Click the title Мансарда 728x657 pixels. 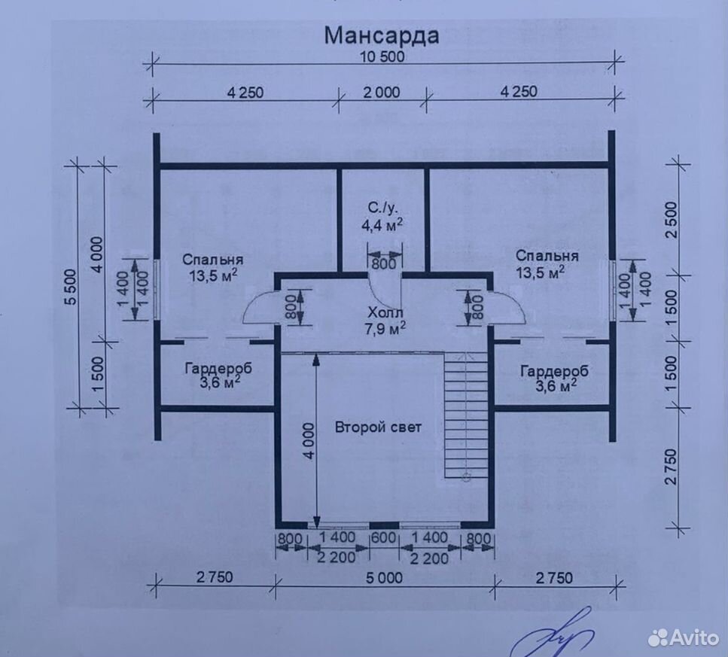click(x=381, y=35)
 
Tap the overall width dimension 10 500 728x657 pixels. click(x=382, y=57)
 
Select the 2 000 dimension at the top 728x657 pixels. click(x=382, y=93)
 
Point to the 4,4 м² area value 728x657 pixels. click(x=382, y=226)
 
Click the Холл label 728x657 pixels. click(x=383, y=312)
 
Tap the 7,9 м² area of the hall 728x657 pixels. click(x=385, y=329)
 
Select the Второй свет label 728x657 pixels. click(x=378, y=427)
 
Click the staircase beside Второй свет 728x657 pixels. click(x=466, y=415)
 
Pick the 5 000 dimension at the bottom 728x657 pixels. click(x=385, y=578)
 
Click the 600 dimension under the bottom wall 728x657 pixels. click(x=383, y=538)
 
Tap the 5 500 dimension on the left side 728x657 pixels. click(x=71, y=286)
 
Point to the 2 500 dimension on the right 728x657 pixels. click(x=672, y=220)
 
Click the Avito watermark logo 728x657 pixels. click(x=684, y=637)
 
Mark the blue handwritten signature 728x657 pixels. click(x=553, y=634)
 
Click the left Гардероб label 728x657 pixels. click(x=219, y=369)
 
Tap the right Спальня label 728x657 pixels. click(x=547, y=256)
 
